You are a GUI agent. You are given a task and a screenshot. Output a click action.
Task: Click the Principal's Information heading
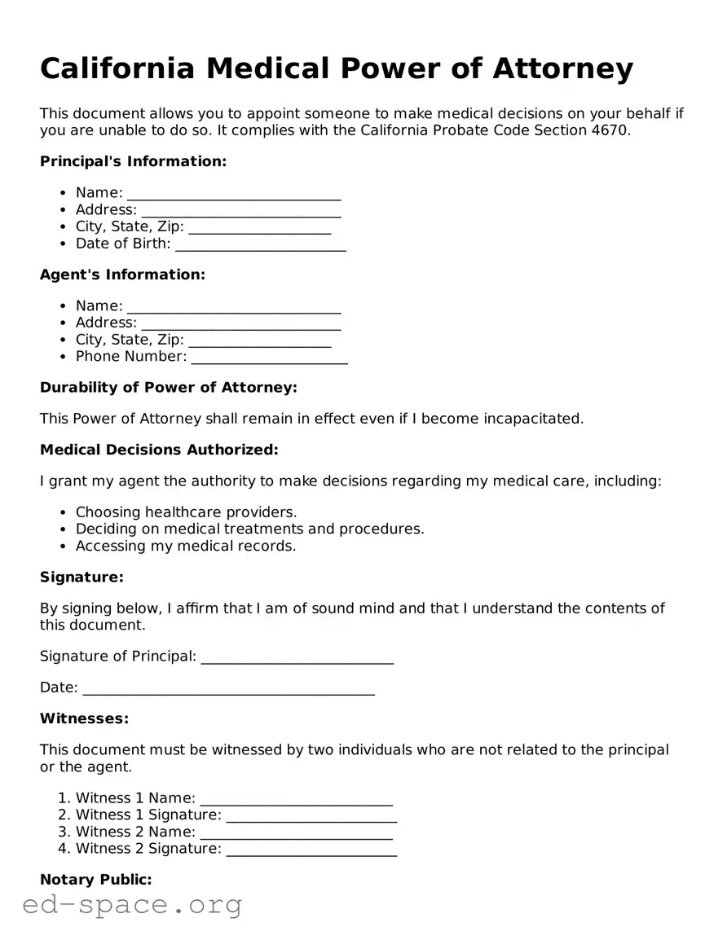(x=133, y=161)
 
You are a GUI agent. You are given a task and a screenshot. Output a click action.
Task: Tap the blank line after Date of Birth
(x=261, y=245)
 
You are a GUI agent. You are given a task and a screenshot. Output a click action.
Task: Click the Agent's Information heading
(x=122, y=275)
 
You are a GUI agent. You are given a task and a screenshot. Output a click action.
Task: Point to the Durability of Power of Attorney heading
(x=168, y=387)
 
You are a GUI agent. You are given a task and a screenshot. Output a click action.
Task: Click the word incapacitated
(x=533, y=419)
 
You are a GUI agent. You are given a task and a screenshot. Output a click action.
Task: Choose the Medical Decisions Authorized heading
(x=159, y=450)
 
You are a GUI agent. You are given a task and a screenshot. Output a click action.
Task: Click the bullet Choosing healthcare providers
(x=186, y=512)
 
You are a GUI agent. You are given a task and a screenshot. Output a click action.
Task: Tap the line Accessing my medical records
(x=186, y=546)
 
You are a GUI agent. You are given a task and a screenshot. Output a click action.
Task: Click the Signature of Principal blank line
(x=297, y=658)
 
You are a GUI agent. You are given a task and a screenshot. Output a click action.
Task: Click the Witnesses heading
(x=85, y=718)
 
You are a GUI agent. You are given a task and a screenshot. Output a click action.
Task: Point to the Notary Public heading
(x=96, y=880)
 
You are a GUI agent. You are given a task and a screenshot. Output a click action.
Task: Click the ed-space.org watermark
(x=132, y=904)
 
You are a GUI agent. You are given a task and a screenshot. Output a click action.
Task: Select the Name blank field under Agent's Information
(x=234, y=308)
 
